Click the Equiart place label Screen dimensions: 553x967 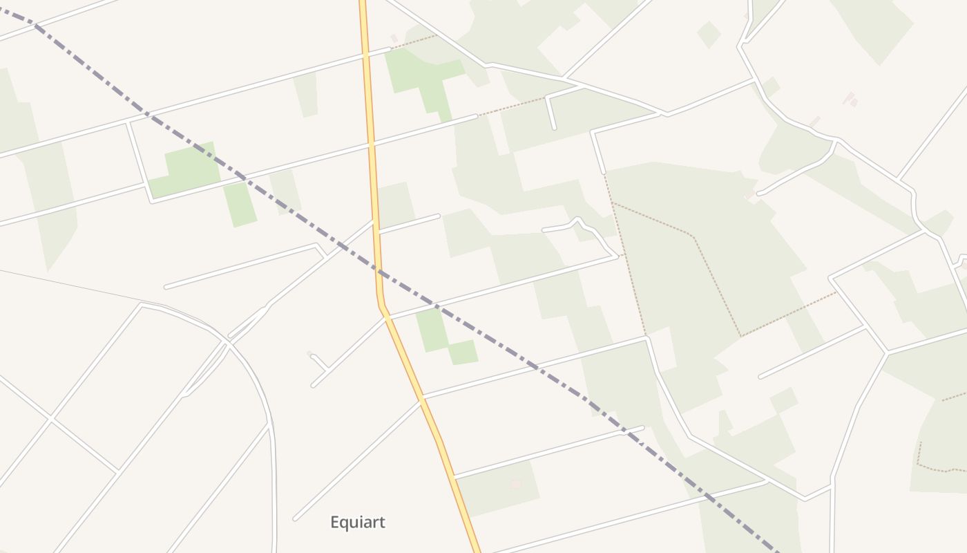click(357, 522)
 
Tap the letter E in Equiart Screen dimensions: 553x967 click(335, 522)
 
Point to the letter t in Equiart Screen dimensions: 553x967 click(381, 522)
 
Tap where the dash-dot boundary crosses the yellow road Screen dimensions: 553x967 click(379, 271)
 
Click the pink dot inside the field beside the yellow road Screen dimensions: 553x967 click(515, 484)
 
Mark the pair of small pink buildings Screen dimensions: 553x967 click(850, 99)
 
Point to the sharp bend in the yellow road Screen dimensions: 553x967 click(381, 304)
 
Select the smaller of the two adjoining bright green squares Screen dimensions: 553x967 click(463, 352)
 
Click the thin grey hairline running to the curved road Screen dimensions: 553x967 click(69, 285)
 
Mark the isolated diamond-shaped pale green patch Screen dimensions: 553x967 click(709, 34)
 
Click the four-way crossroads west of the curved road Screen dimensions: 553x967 click(51, 418)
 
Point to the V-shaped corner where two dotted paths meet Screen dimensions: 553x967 click(740, 336)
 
